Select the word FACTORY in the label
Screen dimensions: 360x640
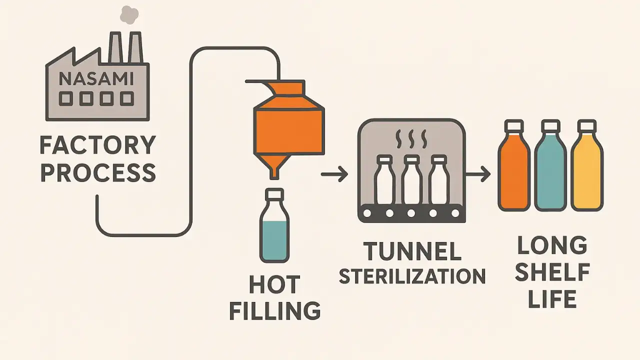pos(97,145)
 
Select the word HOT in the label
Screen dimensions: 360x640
pos(274,285)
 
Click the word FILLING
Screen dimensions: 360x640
pos(274,310)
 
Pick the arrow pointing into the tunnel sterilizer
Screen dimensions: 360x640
pos(334,175)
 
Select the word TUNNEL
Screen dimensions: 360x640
pos(412,251)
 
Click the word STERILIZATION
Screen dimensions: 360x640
pos(412,276)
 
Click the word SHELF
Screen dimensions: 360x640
pos(552,273)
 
